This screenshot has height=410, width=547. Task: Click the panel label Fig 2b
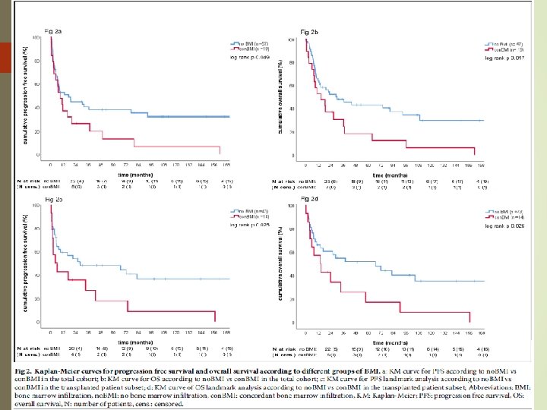[309, 32]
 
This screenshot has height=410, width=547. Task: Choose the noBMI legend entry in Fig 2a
[251, 43]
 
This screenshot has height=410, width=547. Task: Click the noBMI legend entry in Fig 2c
[251, 210]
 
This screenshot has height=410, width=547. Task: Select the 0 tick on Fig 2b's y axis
[292, 157]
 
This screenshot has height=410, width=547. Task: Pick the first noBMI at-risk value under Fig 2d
[329, 350]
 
